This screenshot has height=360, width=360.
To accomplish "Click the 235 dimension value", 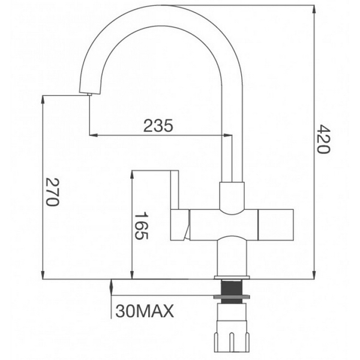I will tap(158, 125).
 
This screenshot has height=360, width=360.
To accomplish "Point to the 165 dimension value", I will tap(140, 226).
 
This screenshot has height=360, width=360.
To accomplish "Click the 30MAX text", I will tap(144, 311).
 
